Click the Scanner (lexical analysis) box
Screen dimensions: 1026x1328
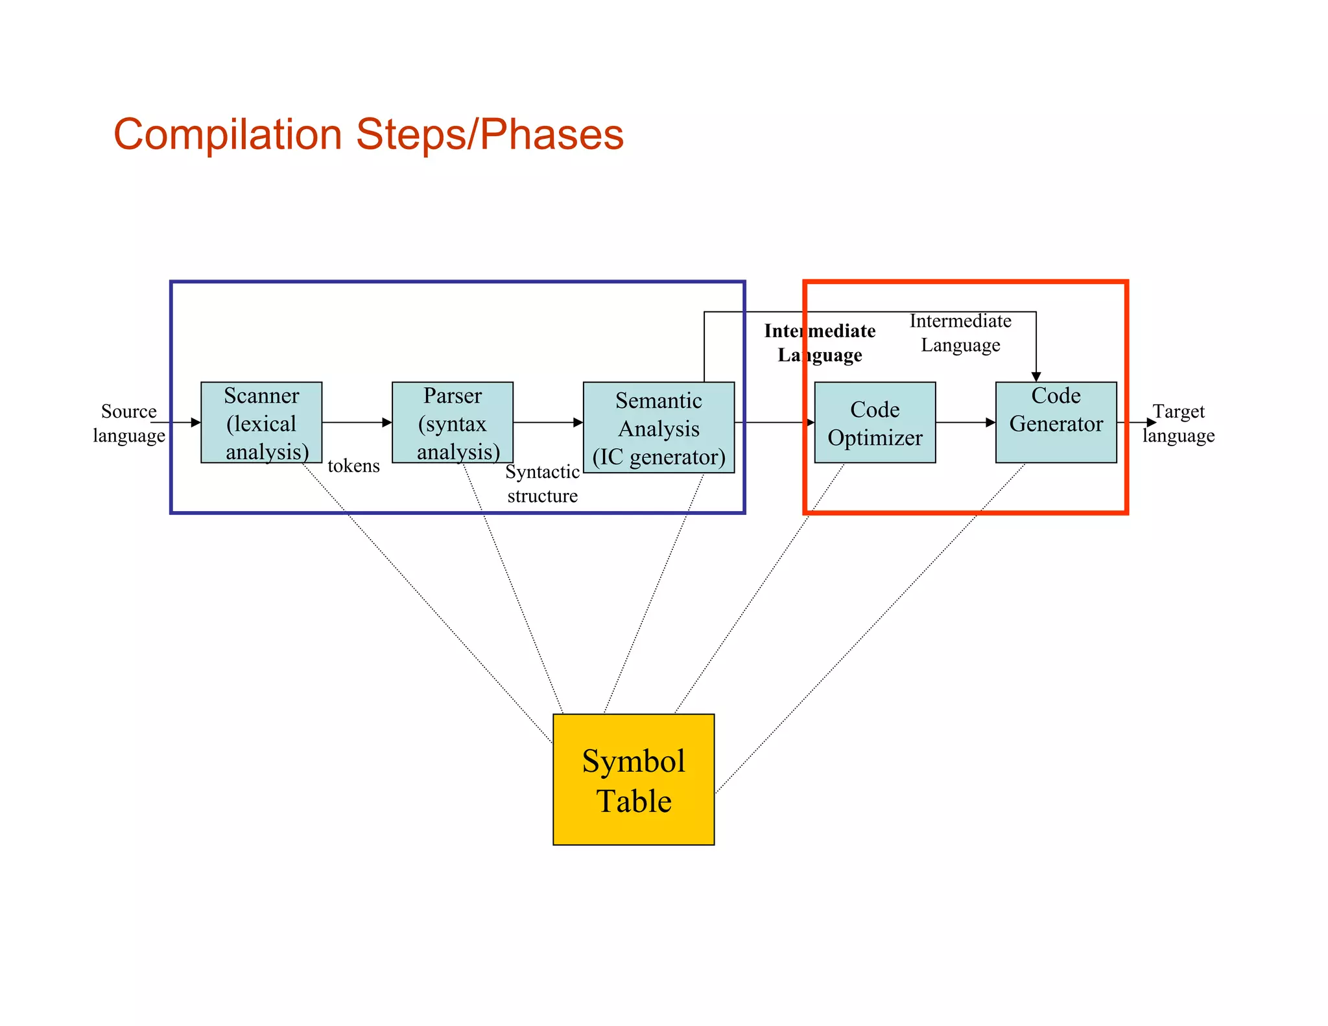pos(261,422)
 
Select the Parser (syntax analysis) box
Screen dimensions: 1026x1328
pos(453,422)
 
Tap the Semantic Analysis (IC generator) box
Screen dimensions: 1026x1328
pos(659,427)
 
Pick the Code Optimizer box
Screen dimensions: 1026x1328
pos(875,422)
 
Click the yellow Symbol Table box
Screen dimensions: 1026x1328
pos(634,779)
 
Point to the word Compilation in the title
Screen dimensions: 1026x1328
pos(228,135)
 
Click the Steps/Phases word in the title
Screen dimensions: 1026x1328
pos(490,135)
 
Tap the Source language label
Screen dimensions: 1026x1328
pos(128,423)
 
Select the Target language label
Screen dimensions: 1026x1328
pos(1178,423)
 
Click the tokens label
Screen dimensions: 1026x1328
pos(353,466)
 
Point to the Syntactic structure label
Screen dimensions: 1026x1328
pos(542,483)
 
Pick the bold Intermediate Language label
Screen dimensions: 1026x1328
pos(820,342)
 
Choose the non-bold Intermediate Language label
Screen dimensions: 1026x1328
pos(960,333)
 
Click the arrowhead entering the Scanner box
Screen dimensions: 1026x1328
pos(196,422)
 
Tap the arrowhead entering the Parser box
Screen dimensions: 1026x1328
pos(387,422)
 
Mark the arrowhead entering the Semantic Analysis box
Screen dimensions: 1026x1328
pos(578,422)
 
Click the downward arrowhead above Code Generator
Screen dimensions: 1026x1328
pos(1036,377)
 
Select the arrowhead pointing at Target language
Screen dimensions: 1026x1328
pos(1151,422)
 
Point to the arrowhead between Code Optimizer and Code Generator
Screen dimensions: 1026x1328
pos(990,422)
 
